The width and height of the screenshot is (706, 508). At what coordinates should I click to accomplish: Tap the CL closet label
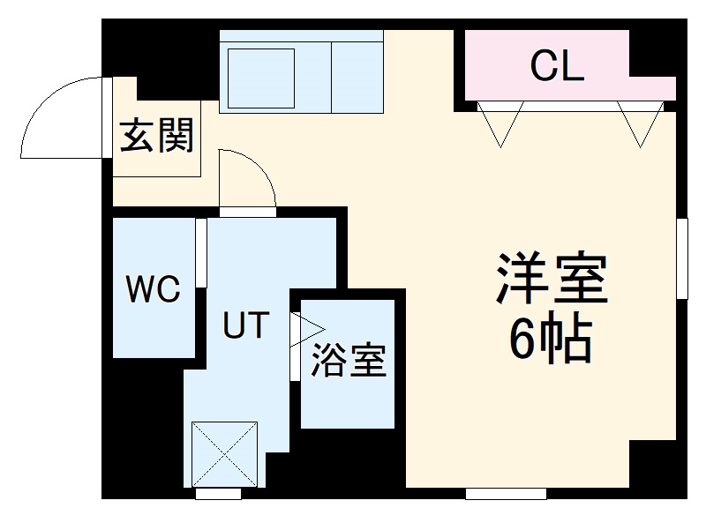[557, 68]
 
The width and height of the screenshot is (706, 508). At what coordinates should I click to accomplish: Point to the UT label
[244, 326]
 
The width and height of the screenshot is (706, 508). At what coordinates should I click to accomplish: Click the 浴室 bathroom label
[349, 361]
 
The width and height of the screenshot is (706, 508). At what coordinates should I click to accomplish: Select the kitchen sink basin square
[261, 77]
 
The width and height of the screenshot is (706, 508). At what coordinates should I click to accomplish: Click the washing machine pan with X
[226, 452]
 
